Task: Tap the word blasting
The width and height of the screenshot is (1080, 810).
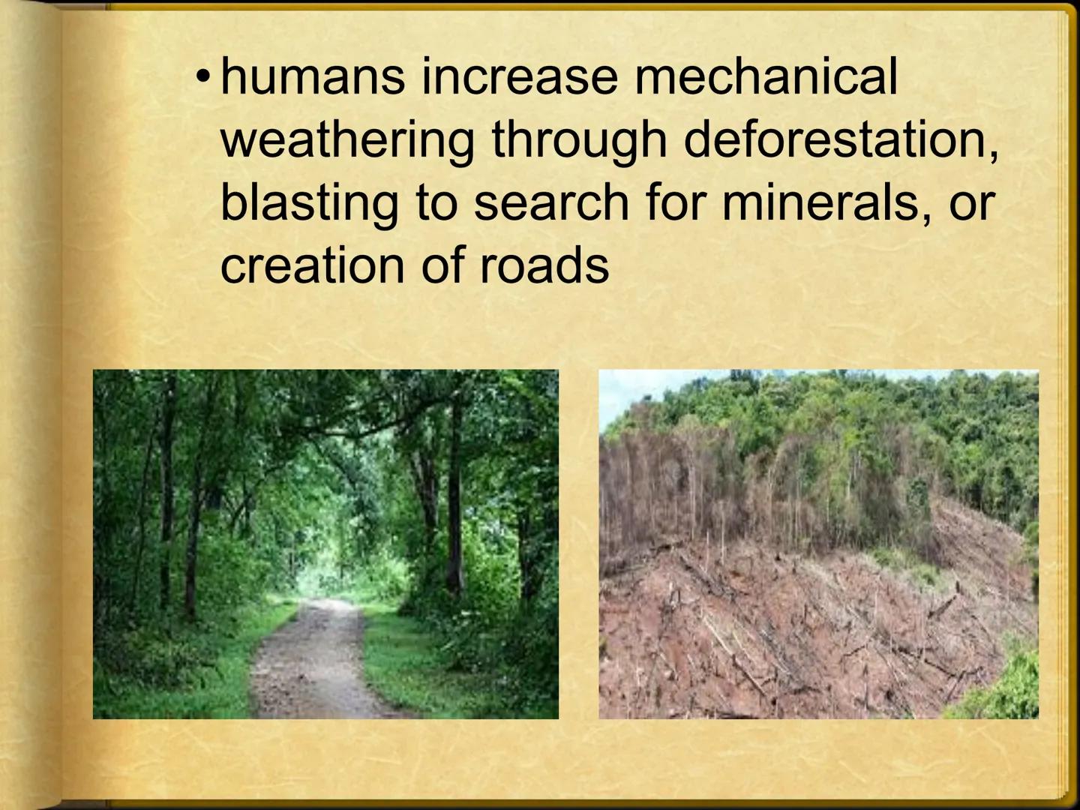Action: point(309,202)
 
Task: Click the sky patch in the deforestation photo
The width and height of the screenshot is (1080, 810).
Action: point(622,386)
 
